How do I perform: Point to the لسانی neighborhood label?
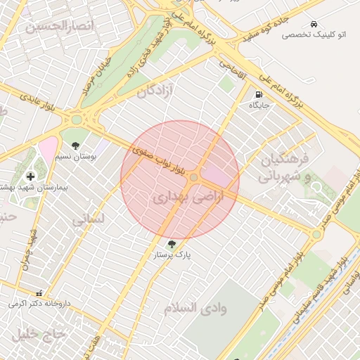tap(88, 219)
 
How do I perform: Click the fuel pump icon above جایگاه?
tap(259, 94)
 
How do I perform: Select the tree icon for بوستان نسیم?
tap(76, 146)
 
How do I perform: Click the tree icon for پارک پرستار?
tap(173, 243)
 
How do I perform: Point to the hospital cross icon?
tap(30, 176)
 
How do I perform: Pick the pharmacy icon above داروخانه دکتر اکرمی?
tap(39, 292)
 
